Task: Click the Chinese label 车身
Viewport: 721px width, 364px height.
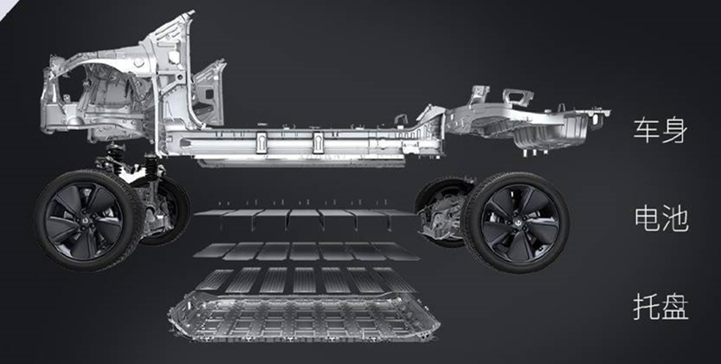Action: pos(660,130)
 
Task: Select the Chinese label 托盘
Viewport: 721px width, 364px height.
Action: pos(660,306)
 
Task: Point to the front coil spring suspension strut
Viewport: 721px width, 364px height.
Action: pos(116,158)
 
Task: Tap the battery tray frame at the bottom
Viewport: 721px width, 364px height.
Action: pos(304,317)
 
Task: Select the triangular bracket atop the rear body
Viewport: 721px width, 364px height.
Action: pos(518,97)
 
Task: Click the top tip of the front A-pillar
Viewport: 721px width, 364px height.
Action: pos(190,13)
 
